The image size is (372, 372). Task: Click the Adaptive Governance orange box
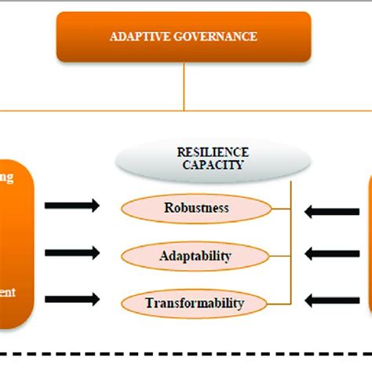184,36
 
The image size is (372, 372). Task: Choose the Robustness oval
197,209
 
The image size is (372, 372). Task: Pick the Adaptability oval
197,256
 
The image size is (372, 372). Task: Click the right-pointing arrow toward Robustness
72,207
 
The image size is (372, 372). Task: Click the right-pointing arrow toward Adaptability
72,253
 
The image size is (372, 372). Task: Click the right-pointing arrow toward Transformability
72,300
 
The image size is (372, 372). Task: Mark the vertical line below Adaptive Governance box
184,85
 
